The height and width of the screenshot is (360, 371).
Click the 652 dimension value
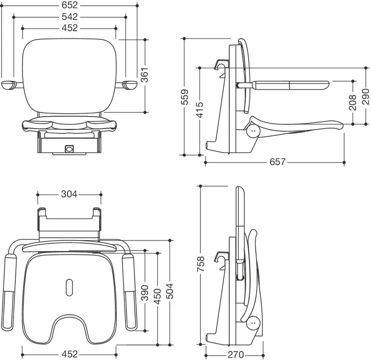tap(70, 6)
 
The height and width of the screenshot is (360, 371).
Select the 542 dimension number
tap(70, 17)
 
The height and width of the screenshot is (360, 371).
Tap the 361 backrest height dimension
tap(145, 75)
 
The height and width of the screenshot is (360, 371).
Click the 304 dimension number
tap(69, 194)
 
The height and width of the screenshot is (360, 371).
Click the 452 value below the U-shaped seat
tap(69, 354)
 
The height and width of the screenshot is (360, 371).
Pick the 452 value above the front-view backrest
tap(70, 28)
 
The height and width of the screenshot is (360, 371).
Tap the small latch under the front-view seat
tap(69, 149)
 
